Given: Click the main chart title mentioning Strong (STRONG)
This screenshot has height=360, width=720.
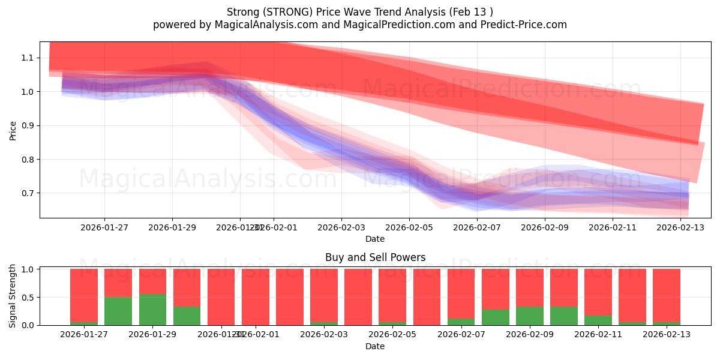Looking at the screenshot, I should pyautogui.click(x=360, y=11).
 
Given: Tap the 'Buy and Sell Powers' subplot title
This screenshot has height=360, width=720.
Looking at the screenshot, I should pyautogui.click(x=375, y=257).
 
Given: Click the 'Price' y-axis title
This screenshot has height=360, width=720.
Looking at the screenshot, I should pyautogui.click(x=13, y=130).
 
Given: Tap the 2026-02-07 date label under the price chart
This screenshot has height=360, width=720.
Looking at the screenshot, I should pyautogui.click(x=477, y=227).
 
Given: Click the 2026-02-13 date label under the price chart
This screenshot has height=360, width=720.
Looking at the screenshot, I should pyautogui.click(x=680, y=227).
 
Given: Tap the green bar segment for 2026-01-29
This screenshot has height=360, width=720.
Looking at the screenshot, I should pyautogui.click(x=152, y=310).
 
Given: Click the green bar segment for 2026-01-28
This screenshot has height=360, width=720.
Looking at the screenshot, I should pyautogui.click(x=118, y=311).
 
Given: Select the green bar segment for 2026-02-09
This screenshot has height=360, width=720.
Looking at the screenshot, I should pyautogui.click(x=529, y=316).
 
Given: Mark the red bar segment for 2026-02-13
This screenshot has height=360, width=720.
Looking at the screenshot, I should pyautogui.click(x=667, y=294).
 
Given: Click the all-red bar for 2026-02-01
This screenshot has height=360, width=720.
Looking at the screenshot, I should pyautogui.click(x=255, y=297).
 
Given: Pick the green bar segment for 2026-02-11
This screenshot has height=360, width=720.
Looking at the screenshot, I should pyautogui.click(x=598, y=320).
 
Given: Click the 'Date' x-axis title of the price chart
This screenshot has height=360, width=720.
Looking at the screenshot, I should pyautogui.click(x=375, y=239).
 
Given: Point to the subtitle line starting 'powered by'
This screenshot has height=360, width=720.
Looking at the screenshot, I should pyautogui.click(x=360, y=25).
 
